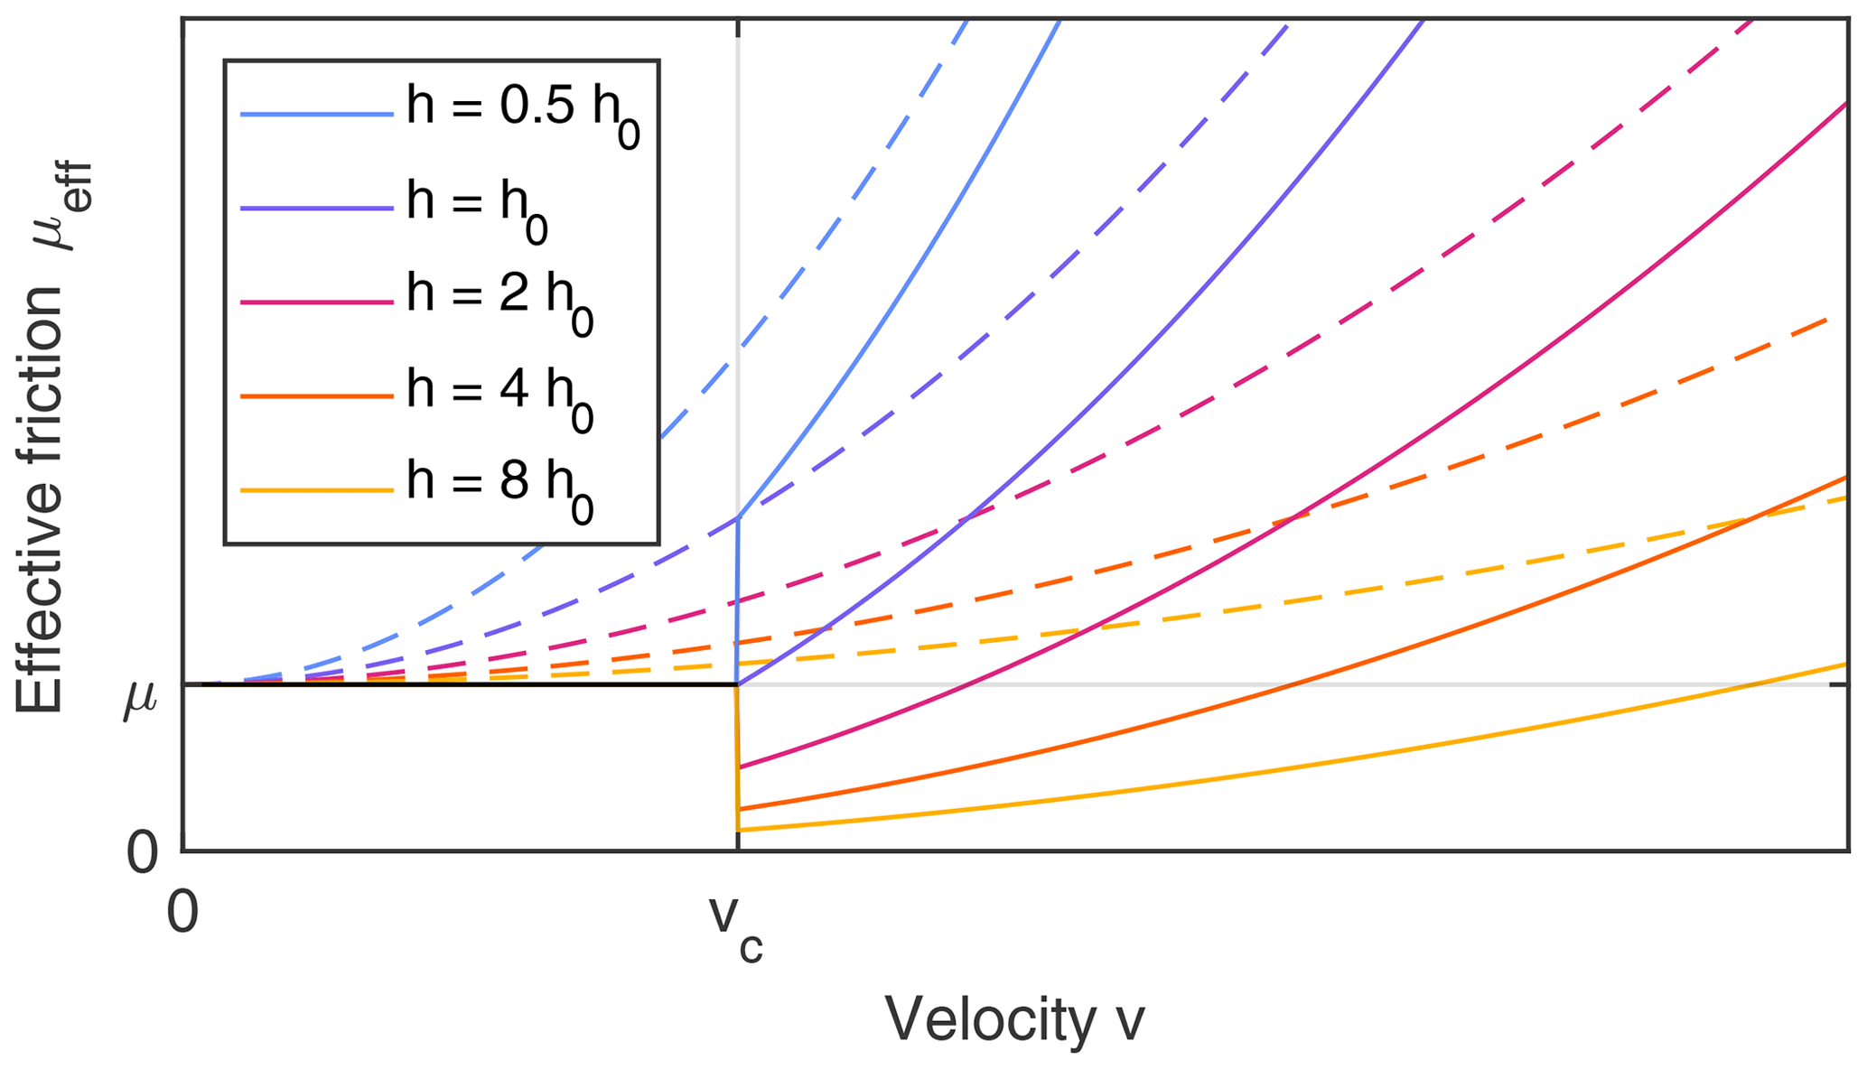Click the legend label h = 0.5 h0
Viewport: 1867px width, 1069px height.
pos(523,113)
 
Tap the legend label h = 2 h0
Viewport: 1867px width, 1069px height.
pos(499,302)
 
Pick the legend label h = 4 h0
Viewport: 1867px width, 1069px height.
pos(499,396)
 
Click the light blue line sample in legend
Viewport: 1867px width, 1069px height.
pos(317,114)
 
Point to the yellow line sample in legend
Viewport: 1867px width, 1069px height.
pos(317,491)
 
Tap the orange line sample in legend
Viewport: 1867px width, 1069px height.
pos(317,396)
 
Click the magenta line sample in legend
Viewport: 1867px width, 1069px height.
pos(317,302)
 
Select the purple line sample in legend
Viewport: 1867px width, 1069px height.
pos(317,208)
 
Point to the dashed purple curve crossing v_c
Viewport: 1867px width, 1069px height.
pos(738,517)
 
